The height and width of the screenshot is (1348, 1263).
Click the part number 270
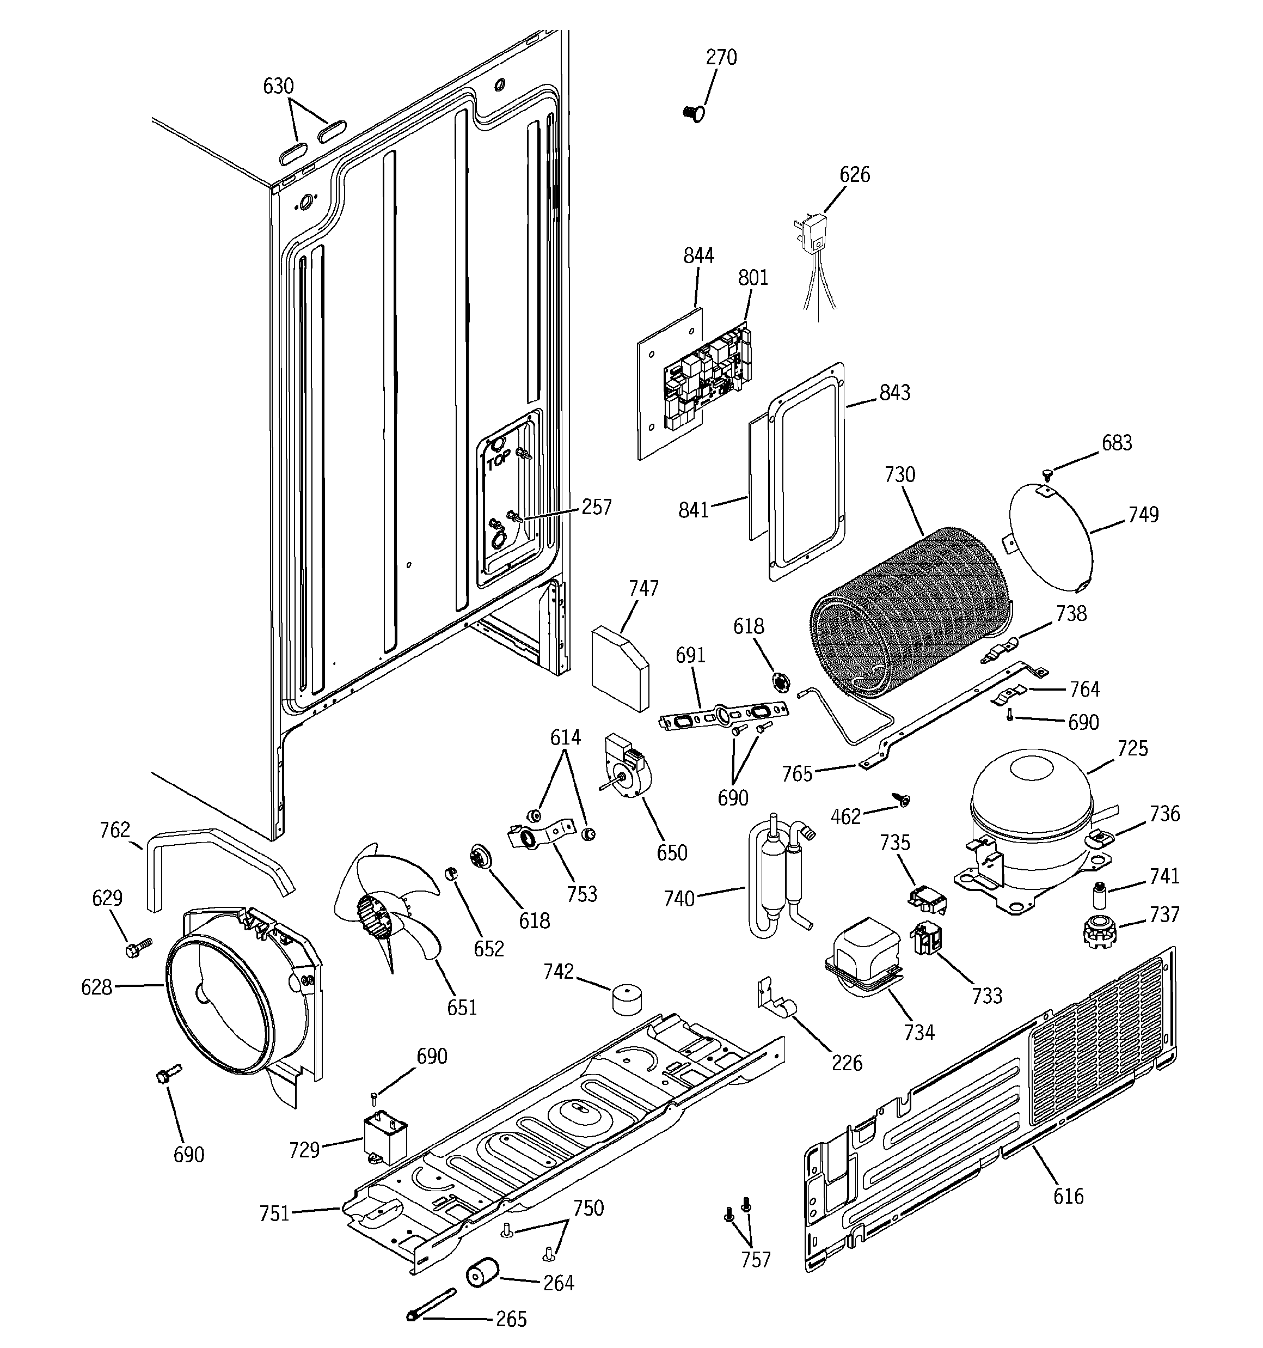point(721,58)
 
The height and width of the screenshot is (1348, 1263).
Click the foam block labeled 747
point(620,668)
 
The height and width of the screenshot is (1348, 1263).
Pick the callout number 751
point(274,1213)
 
